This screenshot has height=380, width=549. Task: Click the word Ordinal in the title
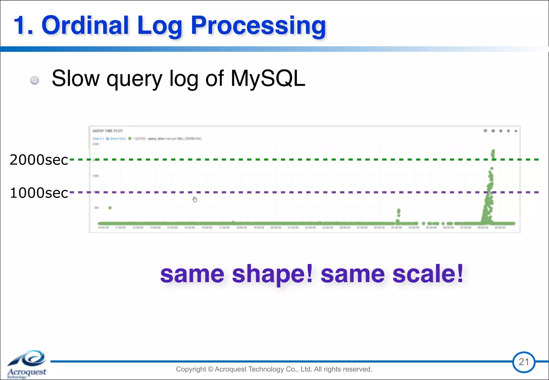[85, 25]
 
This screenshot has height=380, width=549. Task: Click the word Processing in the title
[258, 26]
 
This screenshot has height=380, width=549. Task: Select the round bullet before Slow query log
[35, 80]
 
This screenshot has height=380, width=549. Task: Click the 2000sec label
[39, 160]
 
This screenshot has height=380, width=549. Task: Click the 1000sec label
[39, 193]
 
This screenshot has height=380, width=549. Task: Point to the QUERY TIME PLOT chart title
[107, 131]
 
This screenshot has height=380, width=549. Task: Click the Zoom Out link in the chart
[117, 139]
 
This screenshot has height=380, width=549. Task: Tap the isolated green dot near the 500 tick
[110, 208]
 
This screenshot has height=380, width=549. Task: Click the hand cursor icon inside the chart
[195, 199]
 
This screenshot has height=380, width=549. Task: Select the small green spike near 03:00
[399, 213]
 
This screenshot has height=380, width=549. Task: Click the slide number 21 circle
[524, 362]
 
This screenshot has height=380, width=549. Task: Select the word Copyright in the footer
[191, 369]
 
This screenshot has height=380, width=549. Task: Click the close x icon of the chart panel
[516, 131]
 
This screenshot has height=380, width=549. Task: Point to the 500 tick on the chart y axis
[96, 208]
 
